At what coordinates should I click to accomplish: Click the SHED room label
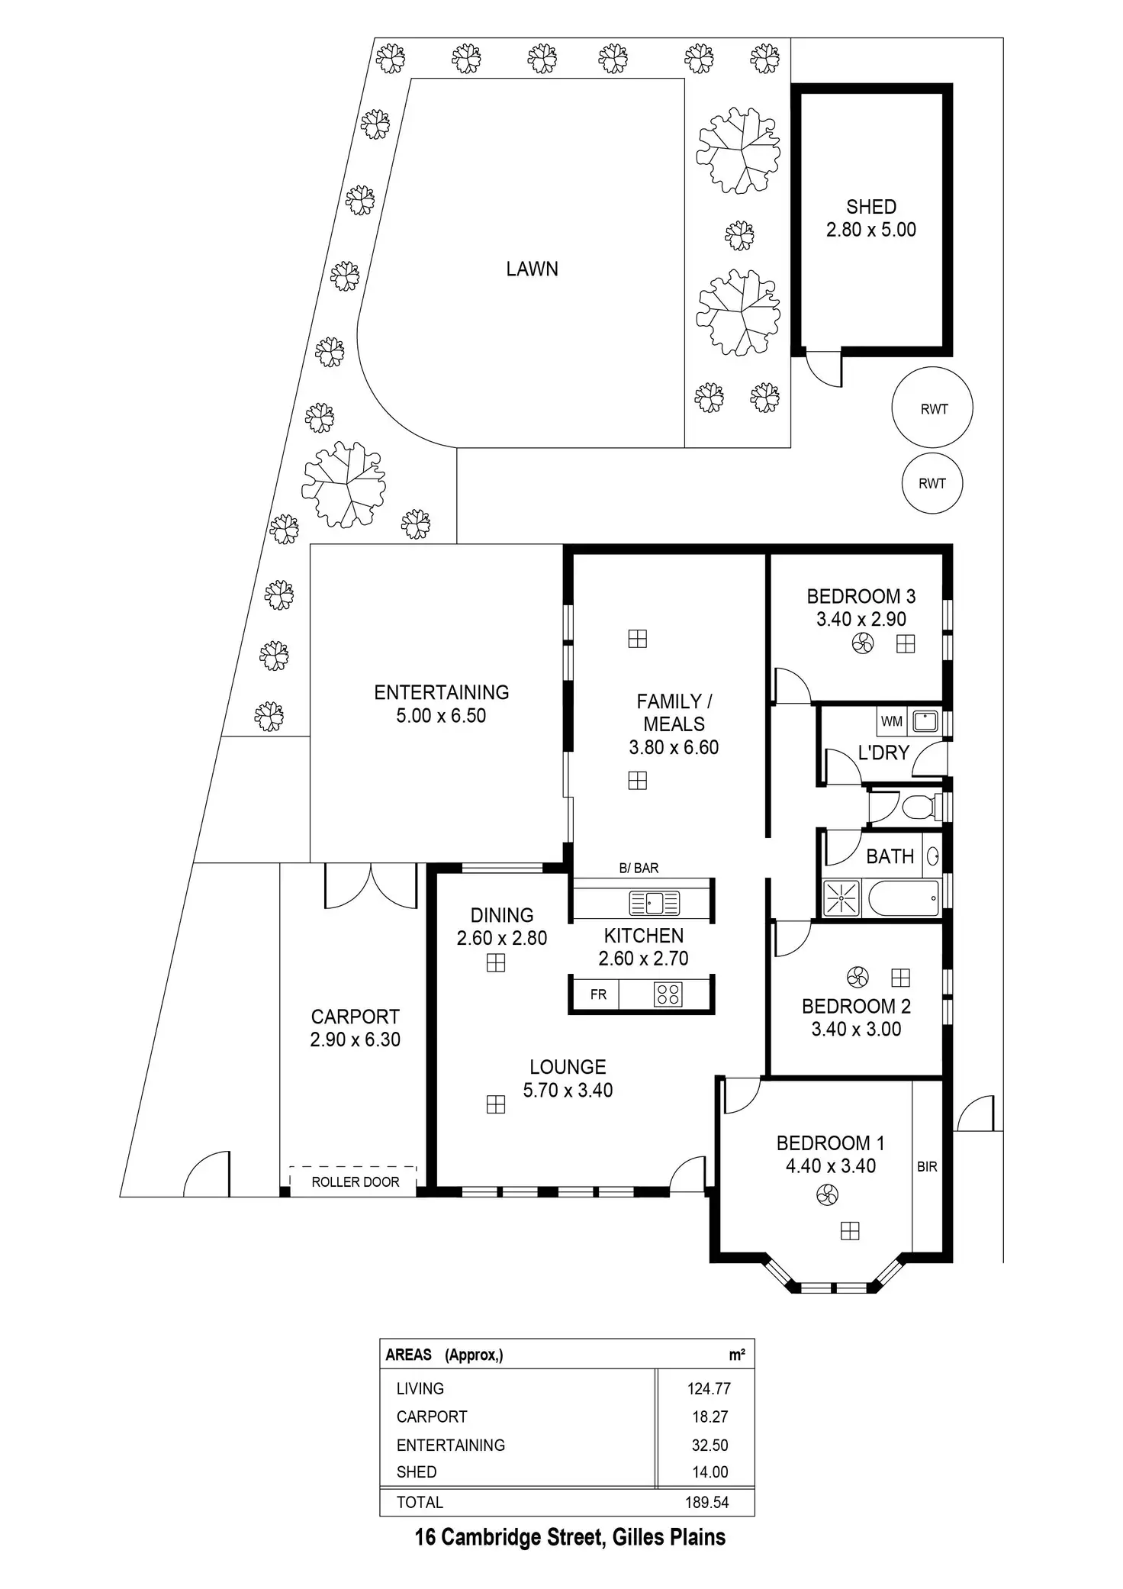click(x=871, y=207)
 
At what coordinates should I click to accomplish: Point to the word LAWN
click(x=532, y=269)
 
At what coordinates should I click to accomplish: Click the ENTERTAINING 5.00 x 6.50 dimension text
click(x=441, y=716)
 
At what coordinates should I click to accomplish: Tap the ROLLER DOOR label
click(x=356, y=1182)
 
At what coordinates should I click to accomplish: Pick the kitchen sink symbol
click(x=654, y=903)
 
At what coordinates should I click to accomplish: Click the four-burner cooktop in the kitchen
click(x=668, y=994)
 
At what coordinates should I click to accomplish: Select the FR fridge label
click(x=599, y=994)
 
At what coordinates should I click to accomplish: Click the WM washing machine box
click(x=892, y=721)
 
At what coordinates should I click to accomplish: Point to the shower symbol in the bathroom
click(x=840, y=898)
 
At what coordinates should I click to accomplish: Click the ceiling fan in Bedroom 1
click(x=827, y=1195)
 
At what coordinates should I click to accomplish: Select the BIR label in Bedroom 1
click(x=927, y=1167)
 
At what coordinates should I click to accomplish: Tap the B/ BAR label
click(x=639, y=868)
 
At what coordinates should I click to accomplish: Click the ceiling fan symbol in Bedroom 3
click(x=863, y=645)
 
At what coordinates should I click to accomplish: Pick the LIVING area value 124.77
click(x=709, y=1389)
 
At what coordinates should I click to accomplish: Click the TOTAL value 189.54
click(x=707, y=1502)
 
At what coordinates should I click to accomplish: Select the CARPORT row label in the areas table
click(x=432, y=1417)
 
